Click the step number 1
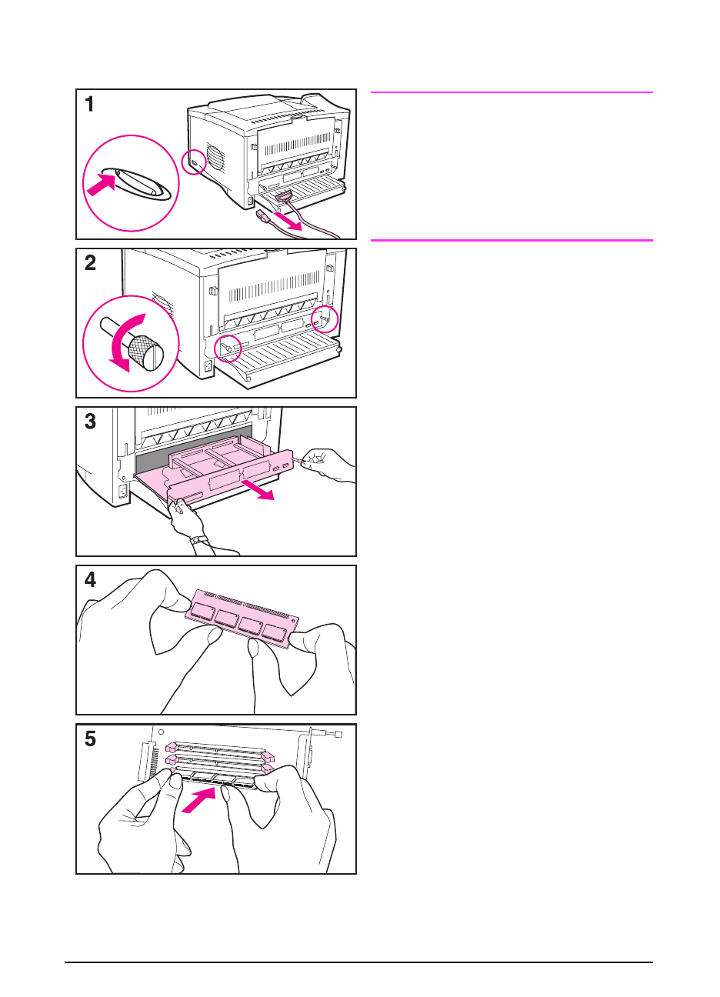click(x=90, y=105)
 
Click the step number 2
click(x=91, y=264)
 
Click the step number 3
click(x=91, y=422)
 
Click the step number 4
click(x=91, y=580)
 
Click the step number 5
click(x=91, y=739)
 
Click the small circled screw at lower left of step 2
click(x=227, y=348)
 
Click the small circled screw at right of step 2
click(x=325, y=318)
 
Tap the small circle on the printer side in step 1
click(x=194, y=162)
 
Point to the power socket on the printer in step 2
click(x=208, y=367)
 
